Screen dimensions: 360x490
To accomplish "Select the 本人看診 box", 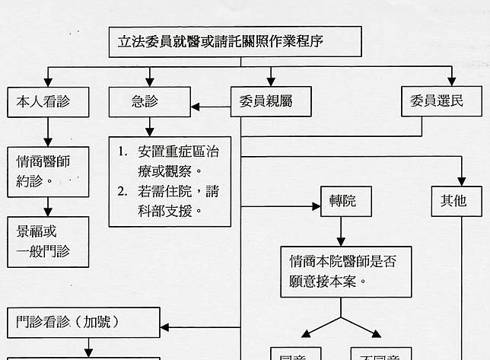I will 48,101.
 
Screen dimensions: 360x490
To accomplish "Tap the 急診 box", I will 149,101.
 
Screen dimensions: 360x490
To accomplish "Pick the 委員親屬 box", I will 270,101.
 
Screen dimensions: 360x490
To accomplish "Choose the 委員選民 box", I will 441,101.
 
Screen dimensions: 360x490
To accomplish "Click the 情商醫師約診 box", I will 48,171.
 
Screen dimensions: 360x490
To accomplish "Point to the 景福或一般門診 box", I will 48,241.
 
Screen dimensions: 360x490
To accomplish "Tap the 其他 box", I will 456,201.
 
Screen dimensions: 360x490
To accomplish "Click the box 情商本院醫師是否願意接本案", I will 345,271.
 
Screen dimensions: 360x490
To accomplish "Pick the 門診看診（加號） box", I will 84,322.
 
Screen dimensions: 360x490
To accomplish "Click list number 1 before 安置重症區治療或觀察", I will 122,151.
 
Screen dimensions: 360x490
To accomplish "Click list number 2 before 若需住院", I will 122,190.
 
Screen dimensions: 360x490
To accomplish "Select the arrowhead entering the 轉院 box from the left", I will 315,205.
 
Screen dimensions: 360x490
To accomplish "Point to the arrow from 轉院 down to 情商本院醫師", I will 340,231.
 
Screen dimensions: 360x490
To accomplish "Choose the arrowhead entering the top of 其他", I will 461,180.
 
